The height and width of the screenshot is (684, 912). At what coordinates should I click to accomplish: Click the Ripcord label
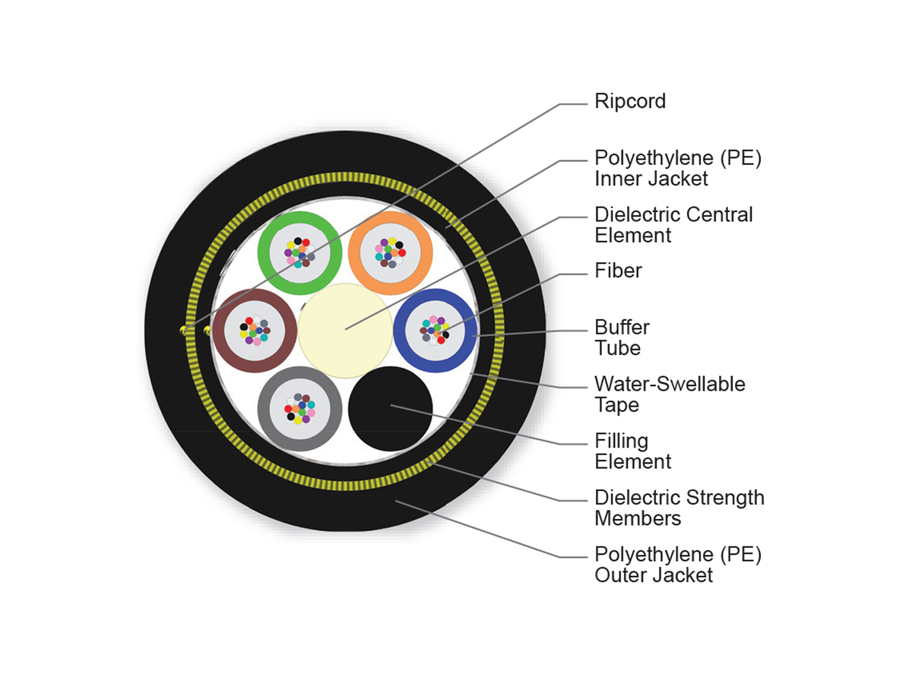point(630,101)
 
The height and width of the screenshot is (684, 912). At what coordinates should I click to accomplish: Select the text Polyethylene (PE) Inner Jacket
point(678,169)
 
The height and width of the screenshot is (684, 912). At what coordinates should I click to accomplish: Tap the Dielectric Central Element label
point(673,225)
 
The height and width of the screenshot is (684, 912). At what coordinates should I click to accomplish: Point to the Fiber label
point(618,270)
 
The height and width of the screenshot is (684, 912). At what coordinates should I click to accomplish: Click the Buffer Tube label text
point(622,337)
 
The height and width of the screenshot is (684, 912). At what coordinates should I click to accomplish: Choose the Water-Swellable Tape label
point(670,394)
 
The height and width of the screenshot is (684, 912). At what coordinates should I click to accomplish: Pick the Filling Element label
point(632,451)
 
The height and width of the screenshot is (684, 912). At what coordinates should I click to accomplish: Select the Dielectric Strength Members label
point(679,508)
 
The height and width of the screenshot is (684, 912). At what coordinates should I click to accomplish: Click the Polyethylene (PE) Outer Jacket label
point(678,564)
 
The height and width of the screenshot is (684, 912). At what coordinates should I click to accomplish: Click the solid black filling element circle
point(391,409)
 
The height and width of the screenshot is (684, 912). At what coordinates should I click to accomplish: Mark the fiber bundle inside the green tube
point(299,252)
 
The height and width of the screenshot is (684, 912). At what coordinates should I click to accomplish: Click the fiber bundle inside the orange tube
point(389,252)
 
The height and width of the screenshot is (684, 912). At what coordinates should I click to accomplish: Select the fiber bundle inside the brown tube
point(254,330)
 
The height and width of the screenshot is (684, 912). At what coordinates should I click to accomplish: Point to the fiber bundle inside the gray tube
point(299,408)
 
